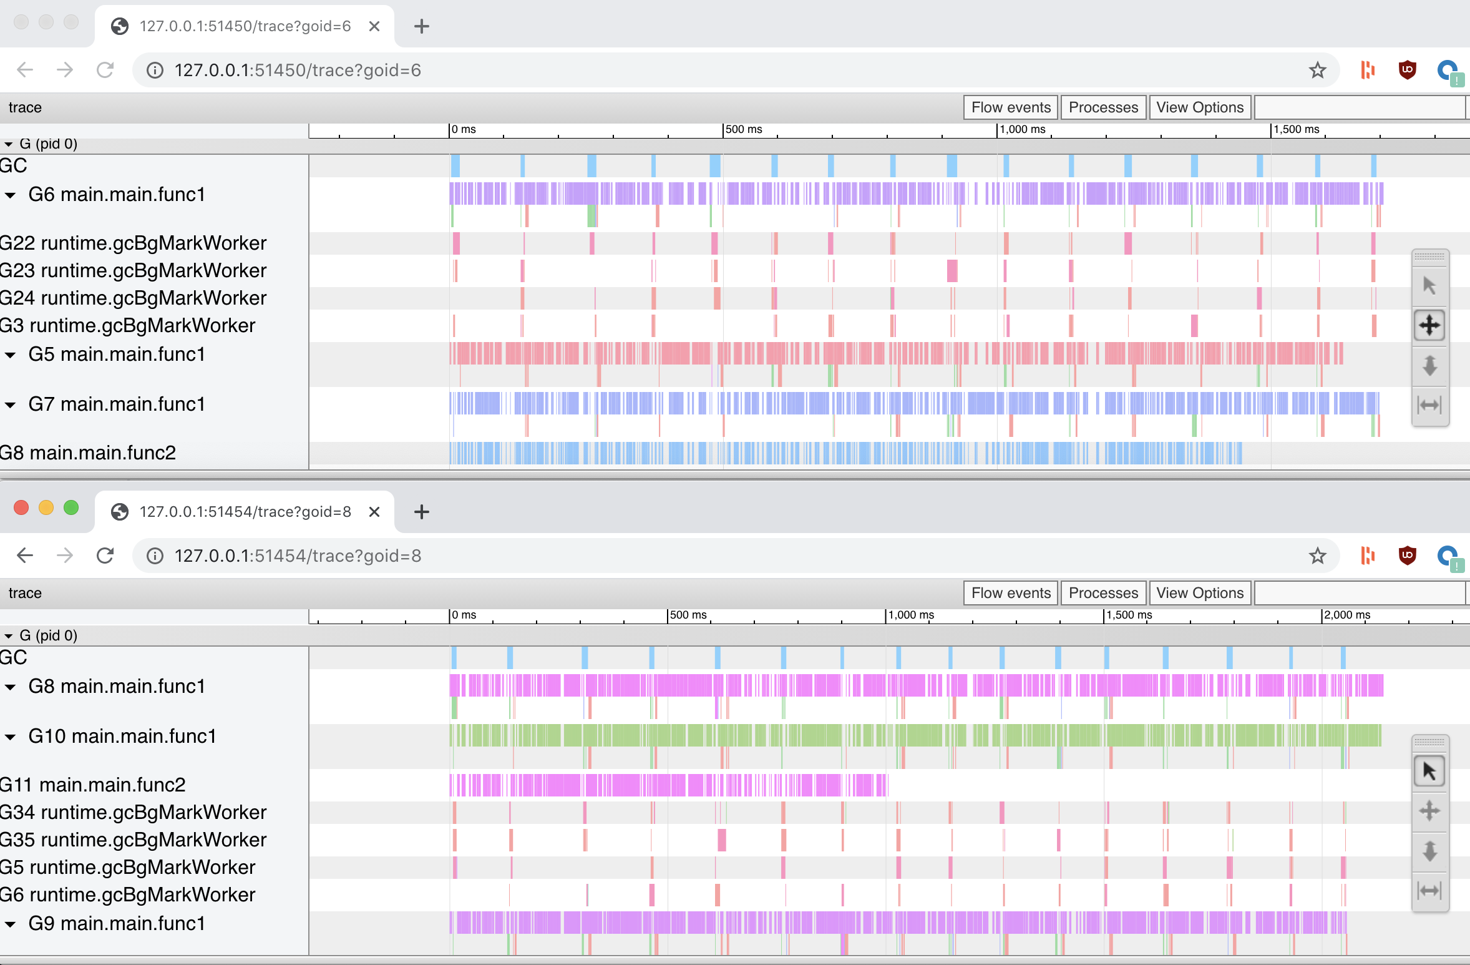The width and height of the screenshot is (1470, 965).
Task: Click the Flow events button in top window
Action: [1011, 107]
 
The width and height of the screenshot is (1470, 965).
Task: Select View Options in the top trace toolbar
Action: [1199, 107]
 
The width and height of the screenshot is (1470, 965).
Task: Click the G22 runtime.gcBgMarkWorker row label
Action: [133, 243]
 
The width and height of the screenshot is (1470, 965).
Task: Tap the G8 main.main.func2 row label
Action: [88, 453]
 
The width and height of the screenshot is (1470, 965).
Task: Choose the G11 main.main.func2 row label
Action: [93, 785]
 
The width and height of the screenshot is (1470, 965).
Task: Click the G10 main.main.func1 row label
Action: [122, 736]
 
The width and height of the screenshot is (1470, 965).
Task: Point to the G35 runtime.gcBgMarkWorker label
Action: [133, 840]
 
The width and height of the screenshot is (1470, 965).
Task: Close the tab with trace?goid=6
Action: [374, 26]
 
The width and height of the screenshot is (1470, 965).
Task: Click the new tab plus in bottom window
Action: [422, 512]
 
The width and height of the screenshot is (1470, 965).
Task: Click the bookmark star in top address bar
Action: [1317, 70]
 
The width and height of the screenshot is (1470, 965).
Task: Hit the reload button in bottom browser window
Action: [105, 556]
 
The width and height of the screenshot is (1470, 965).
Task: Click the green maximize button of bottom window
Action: [71, 507]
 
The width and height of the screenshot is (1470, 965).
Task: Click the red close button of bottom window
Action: [21, 507]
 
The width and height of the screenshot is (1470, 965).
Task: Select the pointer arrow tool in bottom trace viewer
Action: [1429, 772]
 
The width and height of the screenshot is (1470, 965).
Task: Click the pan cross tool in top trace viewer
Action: [1429, 325]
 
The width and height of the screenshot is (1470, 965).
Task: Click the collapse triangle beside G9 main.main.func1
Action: [11, 924]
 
